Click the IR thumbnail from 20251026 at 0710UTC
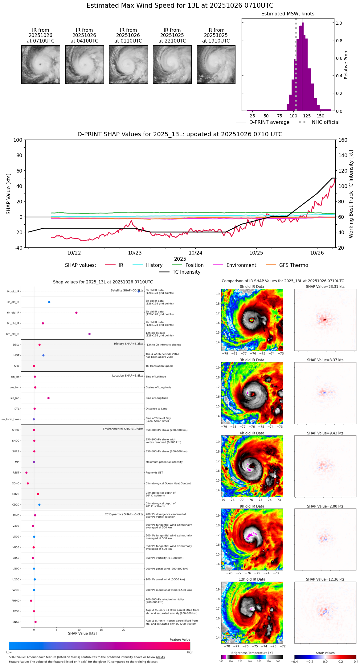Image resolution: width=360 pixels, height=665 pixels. [40, 64]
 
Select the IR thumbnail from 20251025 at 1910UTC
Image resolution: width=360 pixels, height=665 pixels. [216, 64]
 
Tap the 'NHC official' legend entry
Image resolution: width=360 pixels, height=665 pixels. [325, 122]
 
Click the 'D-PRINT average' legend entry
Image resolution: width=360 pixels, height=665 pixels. [269, 122]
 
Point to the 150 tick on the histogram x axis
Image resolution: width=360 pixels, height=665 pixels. [321, 116]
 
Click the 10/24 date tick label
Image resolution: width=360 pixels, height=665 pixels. [195, 253]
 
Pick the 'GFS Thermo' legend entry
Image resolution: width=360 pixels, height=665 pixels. [293, 265]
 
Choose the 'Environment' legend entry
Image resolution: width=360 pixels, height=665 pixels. [241, 265]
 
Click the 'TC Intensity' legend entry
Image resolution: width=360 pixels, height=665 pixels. [186, 272]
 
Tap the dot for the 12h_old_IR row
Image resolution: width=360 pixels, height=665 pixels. [89, 334]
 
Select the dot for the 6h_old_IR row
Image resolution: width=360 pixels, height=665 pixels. [76, 313]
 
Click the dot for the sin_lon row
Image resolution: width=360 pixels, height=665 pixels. [48, 398]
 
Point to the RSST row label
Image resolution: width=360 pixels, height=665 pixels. [16, 473]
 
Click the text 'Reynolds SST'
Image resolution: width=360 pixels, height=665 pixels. [154, 473]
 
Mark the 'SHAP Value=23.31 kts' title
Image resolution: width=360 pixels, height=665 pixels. [325, 287]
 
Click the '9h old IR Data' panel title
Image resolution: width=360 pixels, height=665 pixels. [252, 506]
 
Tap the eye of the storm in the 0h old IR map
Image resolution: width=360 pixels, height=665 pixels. [252, 320]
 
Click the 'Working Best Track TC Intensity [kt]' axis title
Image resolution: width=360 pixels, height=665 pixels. [351, 194]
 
